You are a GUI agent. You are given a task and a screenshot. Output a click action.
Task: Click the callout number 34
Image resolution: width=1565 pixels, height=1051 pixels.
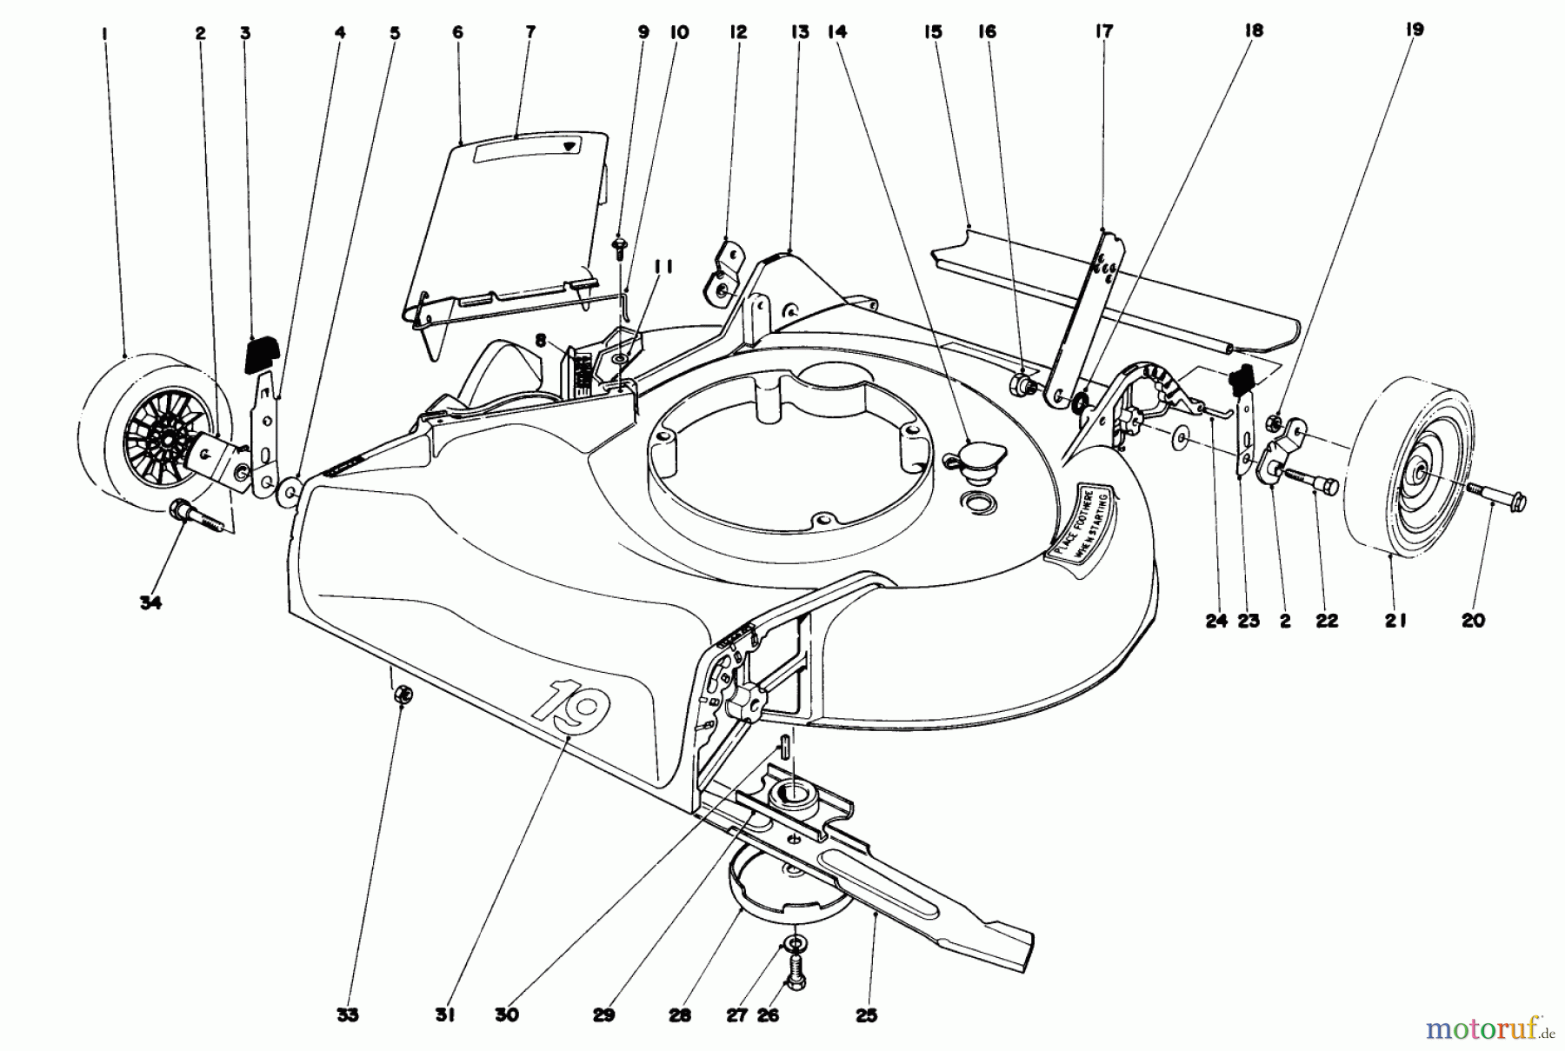pos(150,602)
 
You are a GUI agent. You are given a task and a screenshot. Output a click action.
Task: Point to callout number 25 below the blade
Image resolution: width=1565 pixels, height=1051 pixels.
pos(866,1014)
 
